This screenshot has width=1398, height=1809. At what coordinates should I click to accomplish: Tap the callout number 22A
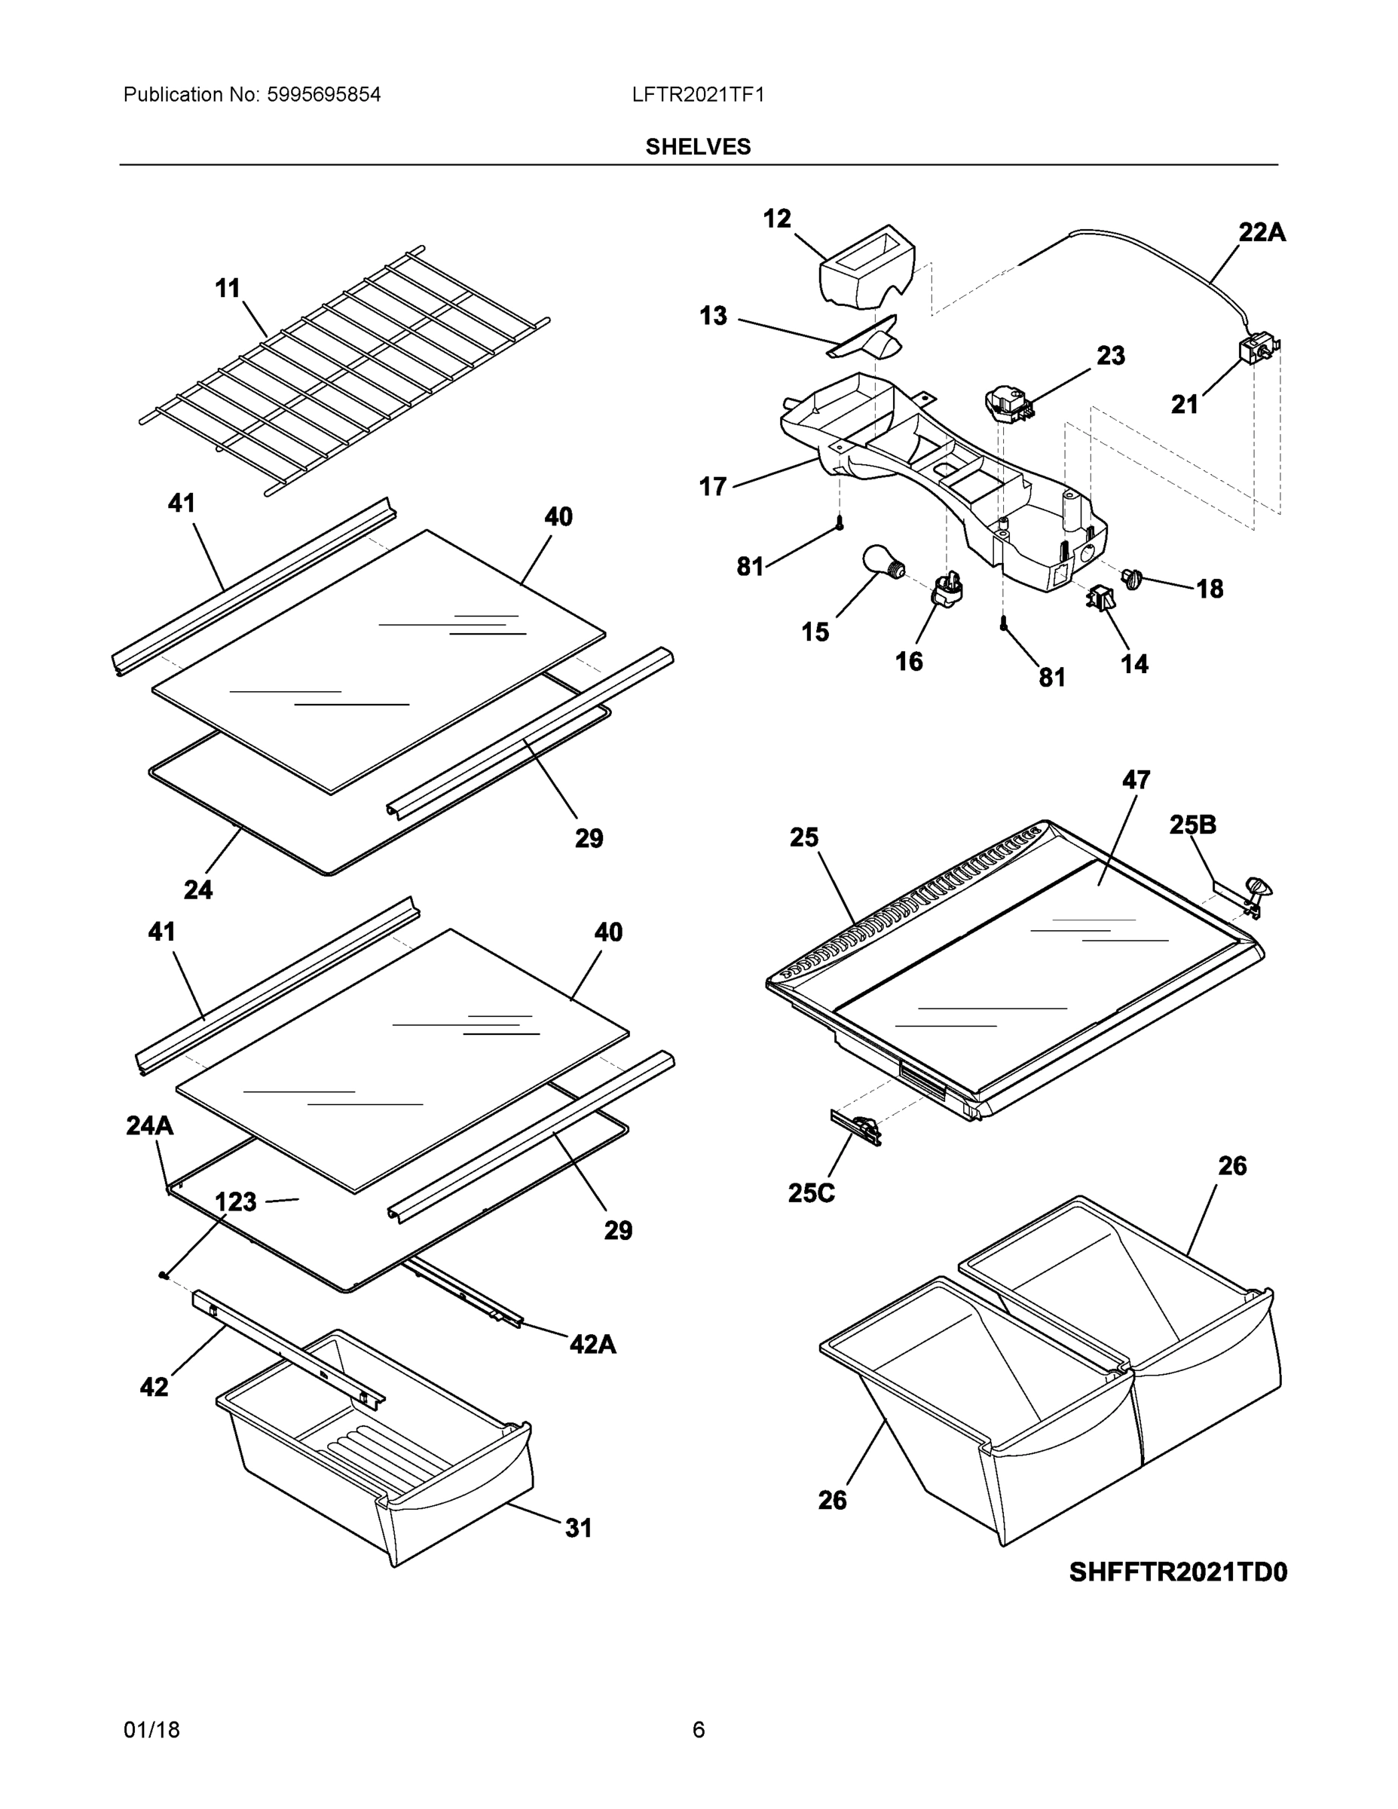click(1262, 233)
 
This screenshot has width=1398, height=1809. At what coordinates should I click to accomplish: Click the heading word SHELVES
click(697, 147)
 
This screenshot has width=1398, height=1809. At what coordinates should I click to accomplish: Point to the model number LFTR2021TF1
click(697, 95)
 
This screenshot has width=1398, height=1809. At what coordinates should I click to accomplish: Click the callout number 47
click(1136, 779)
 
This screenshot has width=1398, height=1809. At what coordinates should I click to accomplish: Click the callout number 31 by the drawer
click(578, 1528)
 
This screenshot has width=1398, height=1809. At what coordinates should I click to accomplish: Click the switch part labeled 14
click(1100, 597)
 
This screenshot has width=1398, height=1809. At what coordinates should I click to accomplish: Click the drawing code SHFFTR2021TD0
click(1178, 1572)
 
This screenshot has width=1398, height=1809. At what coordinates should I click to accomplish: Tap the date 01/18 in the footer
click(151, 1730)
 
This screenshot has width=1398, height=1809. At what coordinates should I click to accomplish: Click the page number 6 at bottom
click(698, 1730)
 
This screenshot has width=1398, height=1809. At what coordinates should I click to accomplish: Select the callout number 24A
click(150, 1125)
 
